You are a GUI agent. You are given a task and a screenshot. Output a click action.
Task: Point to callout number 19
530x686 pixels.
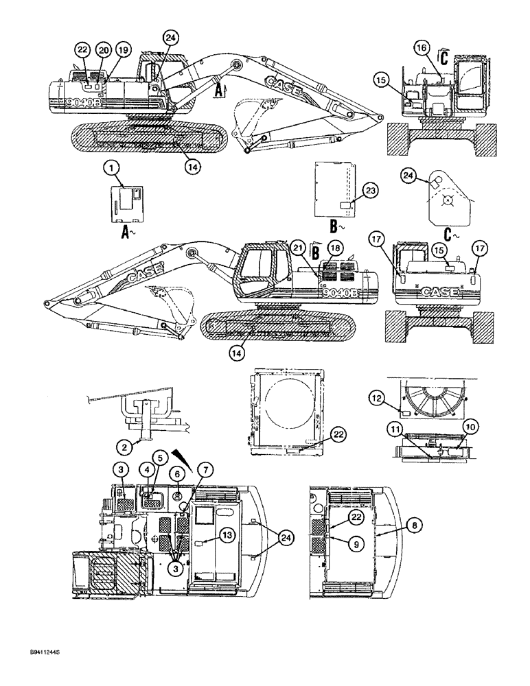click(123, 49)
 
